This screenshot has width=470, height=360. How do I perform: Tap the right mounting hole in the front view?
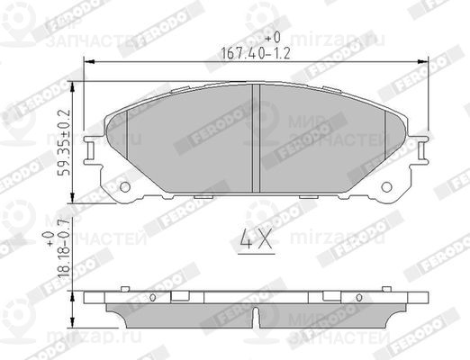click(389, 188)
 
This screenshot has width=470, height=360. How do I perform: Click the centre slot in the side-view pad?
click(258, 317)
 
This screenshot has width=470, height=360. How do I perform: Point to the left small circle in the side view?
click(153, 297)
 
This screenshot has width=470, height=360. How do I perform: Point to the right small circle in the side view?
click(362, 297)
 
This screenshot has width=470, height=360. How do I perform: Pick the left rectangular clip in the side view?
click(181, 296)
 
